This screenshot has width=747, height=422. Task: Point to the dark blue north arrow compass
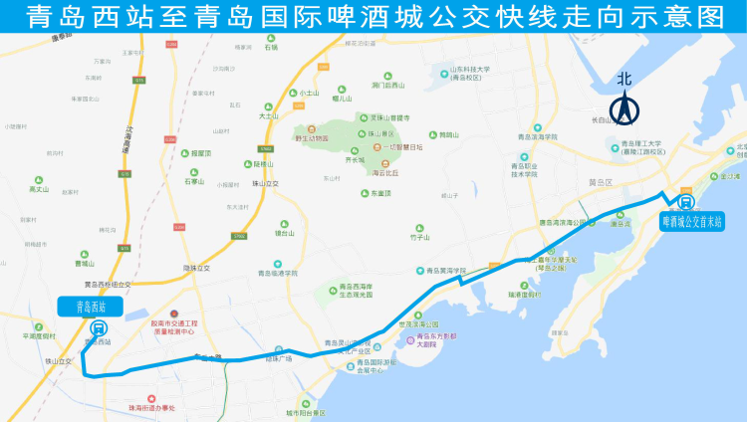624,108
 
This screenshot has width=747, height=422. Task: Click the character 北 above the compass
624,79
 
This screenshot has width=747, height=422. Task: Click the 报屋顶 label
199,153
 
